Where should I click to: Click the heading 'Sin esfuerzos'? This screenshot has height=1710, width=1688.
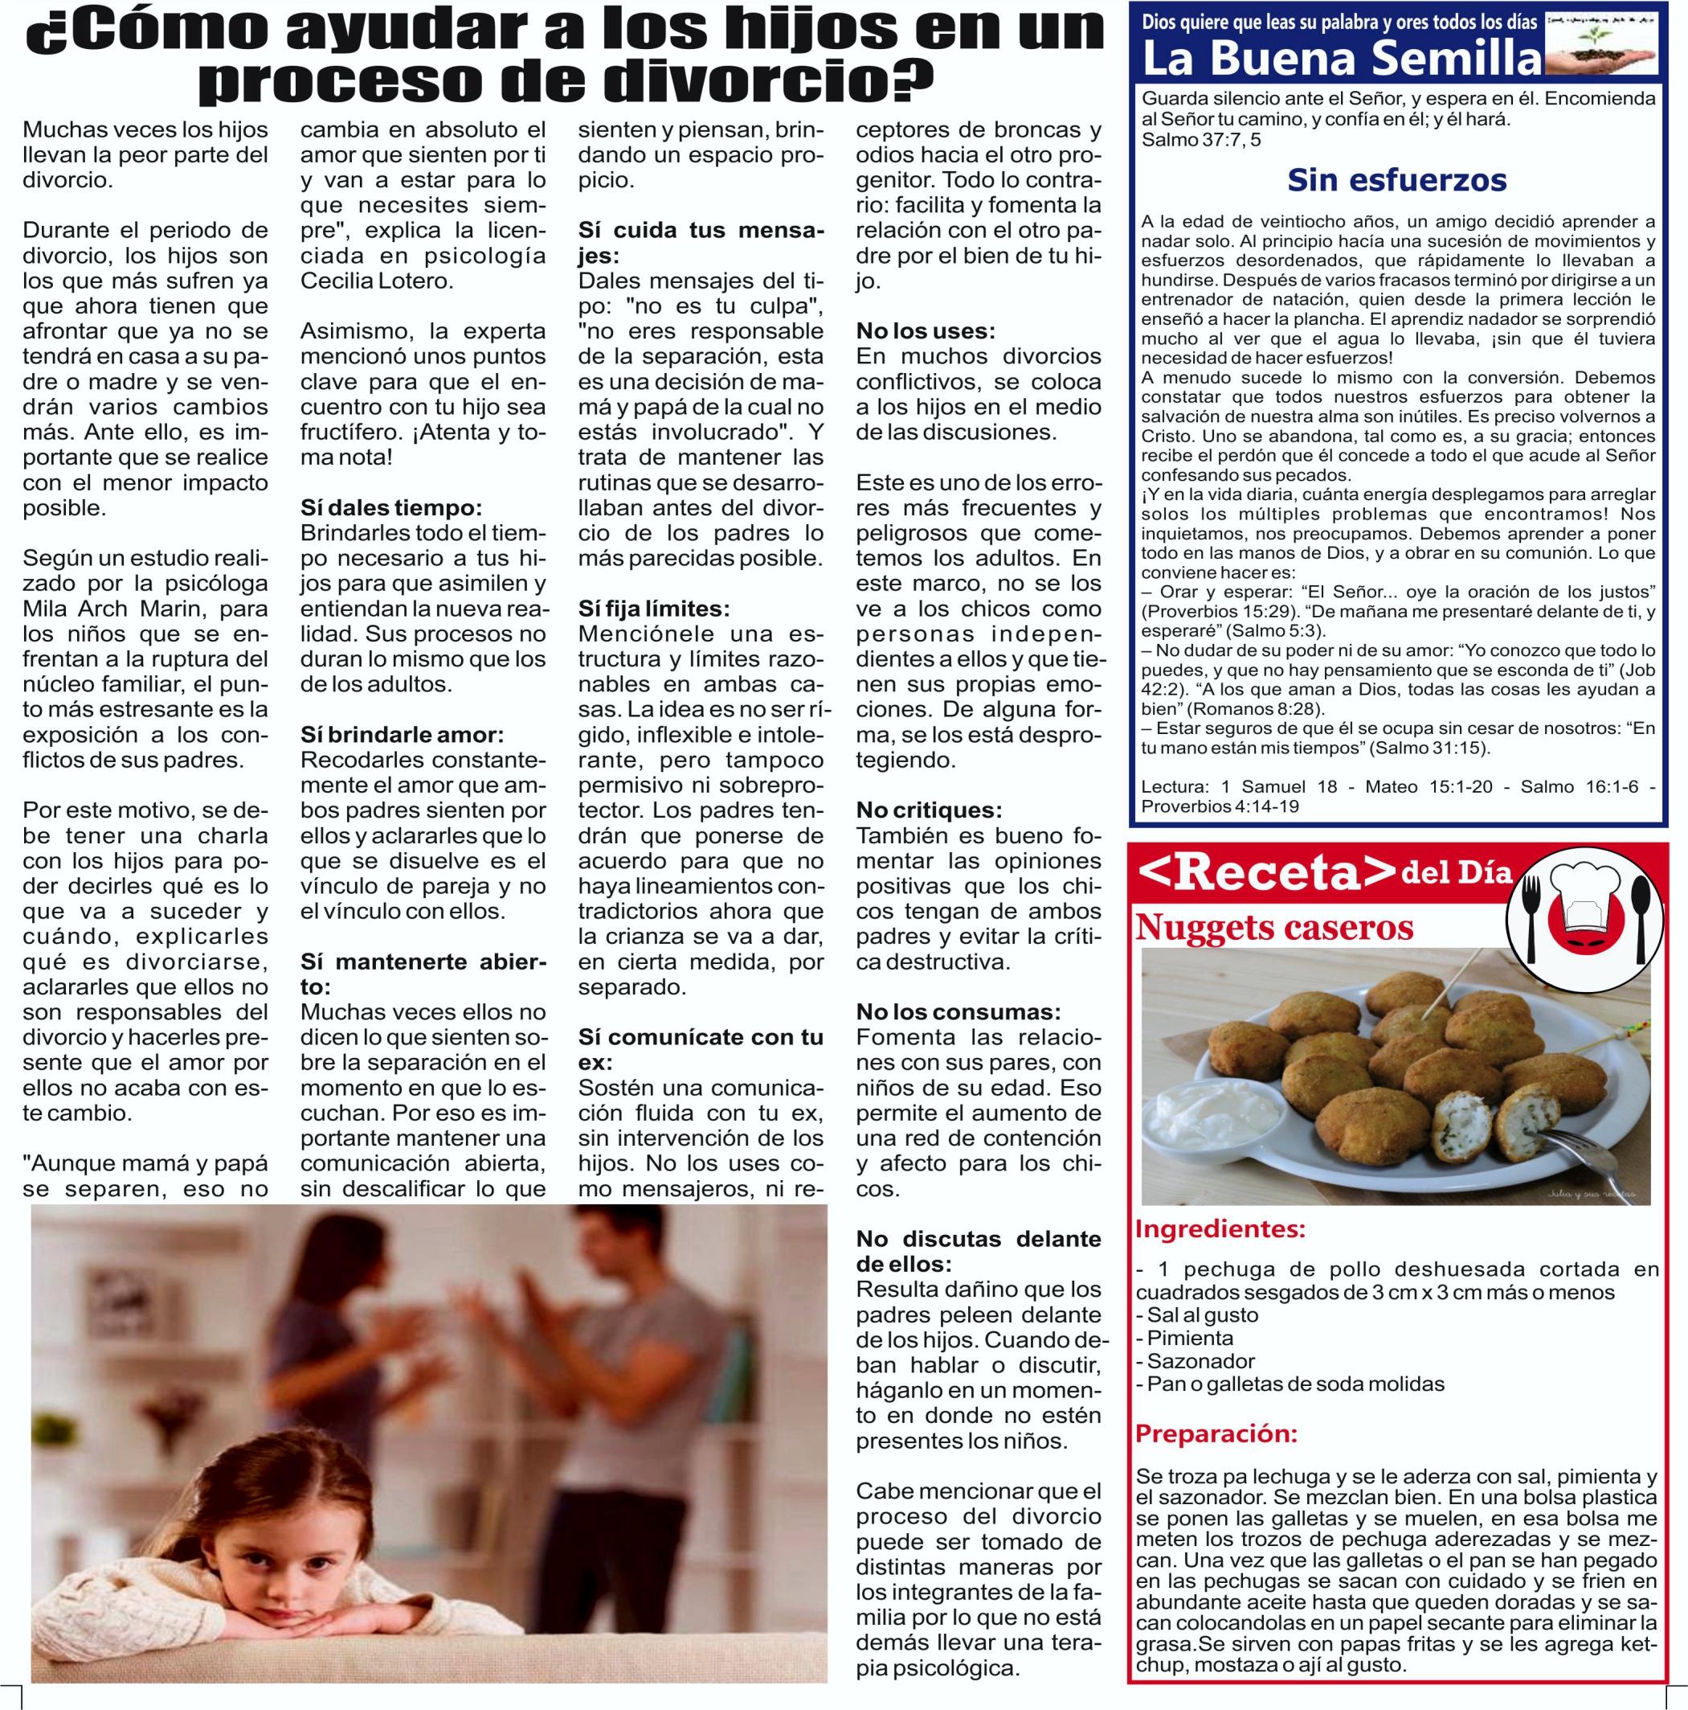coord(1396,181)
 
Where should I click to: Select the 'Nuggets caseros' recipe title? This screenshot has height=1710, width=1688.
coord(1274,928)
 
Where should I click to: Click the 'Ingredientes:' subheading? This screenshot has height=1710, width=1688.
coord(1219,1229)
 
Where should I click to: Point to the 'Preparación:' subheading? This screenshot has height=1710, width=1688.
coord(1216,1433)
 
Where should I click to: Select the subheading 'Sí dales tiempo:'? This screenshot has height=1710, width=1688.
coord(391,508)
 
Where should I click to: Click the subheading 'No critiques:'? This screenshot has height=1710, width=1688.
coord(929,810)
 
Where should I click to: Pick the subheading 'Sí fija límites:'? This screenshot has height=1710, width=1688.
coord(654,609)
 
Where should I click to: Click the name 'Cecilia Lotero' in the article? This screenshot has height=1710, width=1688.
coord(377,281)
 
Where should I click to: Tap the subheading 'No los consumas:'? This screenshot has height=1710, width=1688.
coord(958,1011)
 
